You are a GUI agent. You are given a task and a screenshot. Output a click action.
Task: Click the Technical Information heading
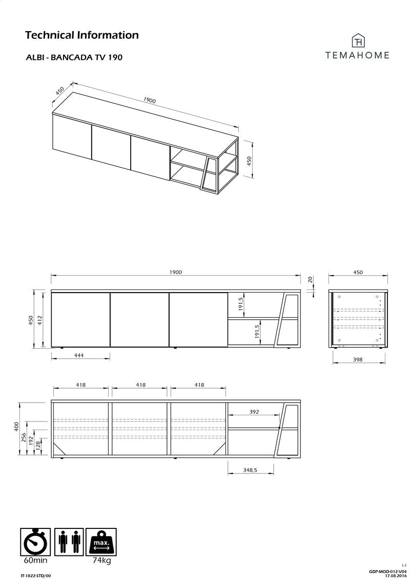click(x=82, y=35)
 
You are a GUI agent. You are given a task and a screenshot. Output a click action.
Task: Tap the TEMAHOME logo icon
click(x=358, y=41)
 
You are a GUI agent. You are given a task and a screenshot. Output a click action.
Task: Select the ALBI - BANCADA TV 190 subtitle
click(x=74, y=58)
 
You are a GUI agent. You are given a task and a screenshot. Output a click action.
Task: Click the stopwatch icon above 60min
click(x=36, y=542)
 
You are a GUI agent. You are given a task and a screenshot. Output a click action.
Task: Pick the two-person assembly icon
click(x=69, y=542)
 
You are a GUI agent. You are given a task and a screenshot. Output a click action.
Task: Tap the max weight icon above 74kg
click(x=101, y=542)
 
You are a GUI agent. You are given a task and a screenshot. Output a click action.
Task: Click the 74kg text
click(x=102, y=561)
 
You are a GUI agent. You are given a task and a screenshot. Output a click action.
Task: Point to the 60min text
click(x=36, y=561)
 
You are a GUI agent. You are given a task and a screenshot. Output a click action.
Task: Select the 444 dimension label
click(x=78, y=355)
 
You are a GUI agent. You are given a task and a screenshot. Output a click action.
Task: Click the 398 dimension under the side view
click(x=358, y=360)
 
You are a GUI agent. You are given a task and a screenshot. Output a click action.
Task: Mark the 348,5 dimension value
click(x=250, y=470)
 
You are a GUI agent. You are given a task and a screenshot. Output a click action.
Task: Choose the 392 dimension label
click(x=254, y=411)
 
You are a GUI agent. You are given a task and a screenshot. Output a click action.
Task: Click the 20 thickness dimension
click(x=310, y=279)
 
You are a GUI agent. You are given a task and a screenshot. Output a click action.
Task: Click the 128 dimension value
click(x=37, y=444)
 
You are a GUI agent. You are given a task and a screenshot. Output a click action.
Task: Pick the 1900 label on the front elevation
click(x=175, y=273)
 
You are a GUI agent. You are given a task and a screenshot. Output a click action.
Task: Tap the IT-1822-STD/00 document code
click(x=36, y=575)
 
